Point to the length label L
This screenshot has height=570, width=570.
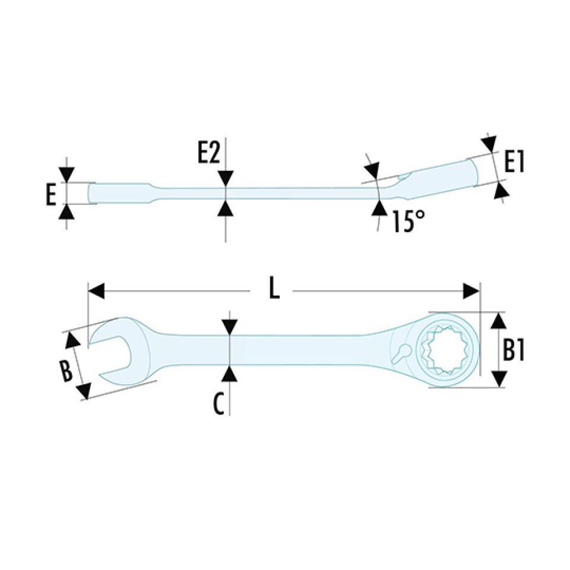pyautogui.click(x=273, y=291)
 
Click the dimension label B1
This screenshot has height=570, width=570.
pyautogui.click(x=514, y=351)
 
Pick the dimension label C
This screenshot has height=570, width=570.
pyautogui.click(x=219, y=405)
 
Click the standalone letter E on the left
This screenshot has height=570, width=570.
pyautogui.click(x=51, y=194)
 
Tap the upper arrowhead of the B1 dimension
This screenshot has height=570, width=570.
pyautogui.click(x=499, y=321)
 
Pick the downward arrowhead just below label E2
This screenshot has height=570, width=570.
pyautogui.click(x=226, y=178)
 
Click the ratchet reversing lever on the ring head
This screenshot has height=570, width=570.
pyautogui.click(x=401, y=351)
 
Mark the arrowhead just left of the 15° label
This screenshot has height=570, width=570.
pyautogui.click(x=379, y=208)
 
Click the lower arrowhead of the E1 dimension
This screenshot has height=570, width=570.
pyautogui.click(x=502, y=191)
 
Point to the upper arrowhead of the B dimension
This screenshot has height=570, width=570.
pyautogui.click(x=72, y=340)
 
